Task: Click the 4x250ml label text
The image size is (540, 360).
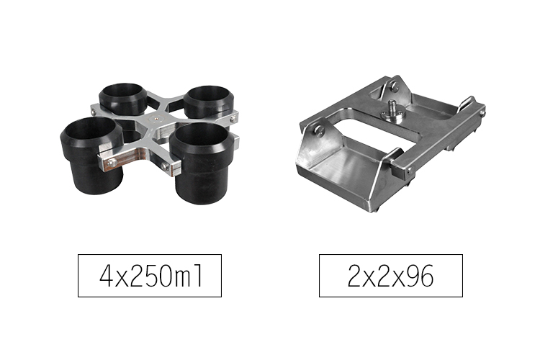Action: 151,276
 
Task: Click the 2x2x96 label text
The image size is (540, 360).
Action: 390,276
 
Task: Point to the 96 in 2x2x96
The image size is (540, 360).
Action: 420,276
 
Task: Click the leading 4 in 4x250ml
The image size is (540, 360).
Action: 107,276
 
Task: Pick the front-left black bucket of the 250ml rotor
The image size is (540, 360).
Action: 91,155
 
